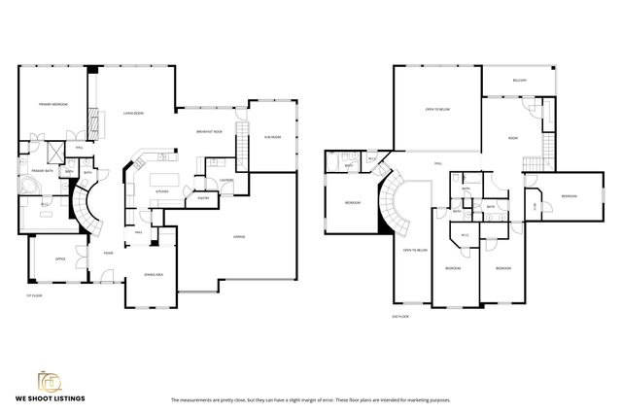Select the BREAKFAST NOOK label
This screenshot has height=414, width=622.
(209, 131)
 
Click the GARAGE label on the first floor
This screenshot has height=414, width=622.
(238, 236)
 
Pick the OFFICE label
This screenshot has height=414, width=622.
(59, 259)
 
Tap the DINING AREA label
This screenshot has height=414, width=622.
(152, 273)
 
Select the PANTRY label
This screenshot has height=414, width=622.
(204, 197)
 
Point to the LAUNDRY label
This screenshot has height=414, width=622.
(225, 180)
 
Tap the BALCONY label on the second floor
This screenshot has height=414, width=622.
(521, 80)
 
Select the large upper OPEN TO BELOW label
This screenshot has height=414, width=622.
(436, 110)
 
